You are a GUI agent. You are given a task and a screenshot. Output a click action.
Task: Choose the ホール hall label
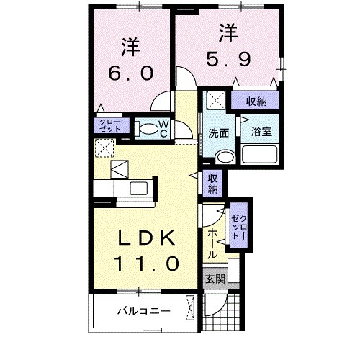[212, 245]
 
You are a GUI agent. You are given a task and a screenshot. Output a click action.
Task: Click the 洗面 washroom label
[219, 132]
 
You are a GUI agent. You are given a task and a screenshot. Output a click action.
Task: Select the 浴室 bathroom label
[261, 132]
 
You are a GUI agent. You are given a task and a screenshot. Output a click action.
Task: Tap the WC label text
[163, 129]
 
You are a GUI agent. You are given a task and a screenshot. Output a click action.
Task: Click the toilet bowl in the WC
[147, 130]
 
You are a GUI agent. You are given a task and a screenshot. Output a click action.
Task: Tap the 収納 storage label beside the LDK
[214, 184]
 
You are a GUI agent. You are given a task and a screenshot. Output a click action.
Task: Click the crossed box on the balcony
[191, 307]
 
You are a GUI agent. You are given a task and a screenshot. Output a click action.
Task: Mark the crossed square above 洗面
[215, 100]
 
